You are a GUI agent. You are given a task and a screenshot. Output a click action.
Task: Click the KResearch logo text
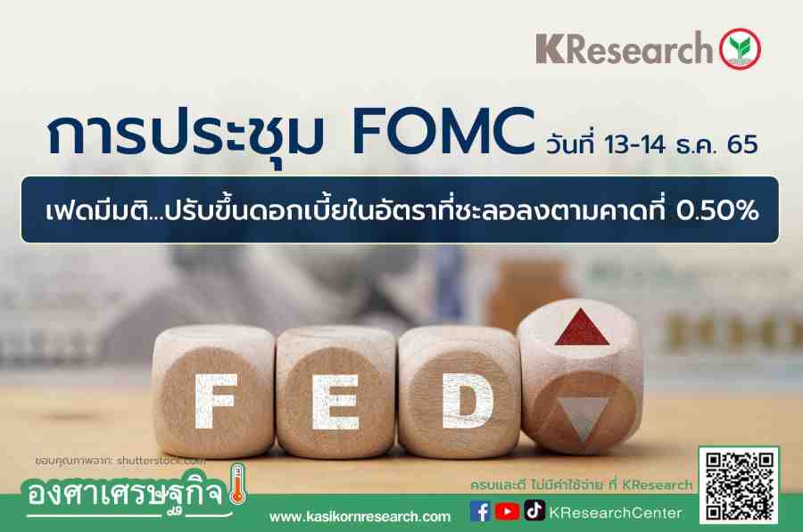(x=625, y=49)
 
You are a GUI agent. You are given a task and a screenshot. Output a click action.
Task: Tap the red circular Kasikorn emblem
(x=740, y=49)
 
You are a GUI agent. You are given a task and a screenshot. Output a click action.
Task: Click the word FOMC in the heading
(x=443, y=132)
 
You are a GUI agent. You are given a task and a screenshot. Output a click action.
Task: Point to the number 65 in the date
(x=742, y=144)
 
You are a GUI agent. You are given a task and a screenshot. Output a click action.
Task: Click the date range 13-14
(x=634, y=144)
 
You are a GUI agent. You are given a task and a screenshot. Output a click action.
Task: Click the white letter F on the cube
(x=214, y=401)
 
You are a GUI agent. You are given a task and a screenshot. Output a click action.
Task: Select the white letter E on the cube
(x=335, y=402)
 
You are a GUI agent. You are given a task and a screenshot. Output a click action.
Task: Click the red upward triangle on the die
(x=582, y=328)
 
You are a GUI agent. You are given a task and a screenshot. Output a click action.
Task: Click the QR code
(x=739, y=486)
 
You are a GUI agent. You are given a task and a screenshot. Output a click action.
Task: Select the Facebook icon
(x=480, y=512)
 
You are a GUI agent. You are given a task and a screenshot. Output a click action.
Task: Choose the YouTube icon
(x=507, y=512)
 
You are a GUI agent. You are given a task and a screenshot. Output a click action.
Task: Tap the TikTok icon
(x=534, y=511)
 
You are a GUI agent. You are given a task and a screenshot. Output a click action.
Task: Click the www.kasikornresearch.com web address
(x=360, y=517)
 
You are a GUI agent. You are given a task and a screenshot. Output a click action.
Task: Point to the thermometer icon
(x=237, y=483)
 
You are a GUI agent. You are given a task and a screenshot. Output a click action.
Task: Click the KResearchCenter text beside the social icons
(x=615, y=513)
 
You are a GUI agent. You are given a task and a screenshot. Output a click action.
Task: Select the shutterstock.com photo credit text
(x=161, y=461)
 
